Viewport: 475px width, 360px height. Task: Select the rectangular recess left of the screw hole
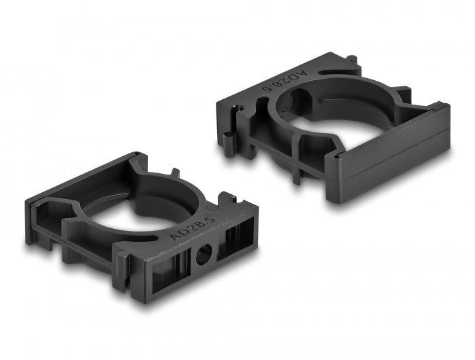pyautogui.click(x=166, y=266)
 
